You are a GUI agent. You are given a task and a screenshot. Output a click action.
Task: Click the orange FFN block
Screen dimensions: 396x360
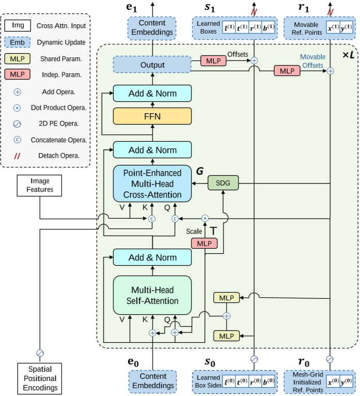point(152,116)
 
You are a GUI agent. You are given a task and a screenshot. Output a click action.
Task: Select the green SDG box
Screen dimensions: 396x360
point(222,182)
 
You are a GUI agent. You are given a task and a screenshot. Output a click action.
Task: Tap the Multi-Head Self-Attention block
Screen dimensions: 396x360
point(152,295)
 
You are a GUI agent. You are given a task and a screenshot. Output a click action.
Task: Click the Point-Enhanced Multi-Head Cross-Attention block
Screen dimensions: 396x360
point(152,184)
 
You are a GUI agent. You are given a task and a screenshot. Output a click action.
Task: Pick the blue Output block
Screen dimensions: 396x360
point(152,65)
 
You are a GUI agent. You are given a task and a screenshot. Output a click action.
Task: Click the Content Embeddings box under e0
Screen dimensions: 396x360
point(152,382)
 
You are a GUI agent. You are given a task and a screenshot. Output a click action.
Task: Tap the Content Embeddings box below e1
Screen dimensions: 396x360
point(152,27)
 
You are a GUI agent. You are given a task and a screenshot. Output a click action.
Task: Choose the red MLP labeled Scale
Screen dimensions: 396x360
point(204,243)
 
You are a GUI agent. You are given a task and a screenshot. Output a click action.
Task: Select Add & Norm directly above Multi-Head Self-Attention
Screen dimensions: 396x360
point(152,257)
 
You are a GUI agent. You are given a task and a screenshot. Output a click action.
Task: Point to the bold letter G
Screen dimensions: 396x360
point(199,170)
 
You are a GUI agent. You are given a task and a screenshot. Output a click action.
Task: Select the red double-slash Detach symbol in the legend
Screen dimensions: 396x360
point(16,155)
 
